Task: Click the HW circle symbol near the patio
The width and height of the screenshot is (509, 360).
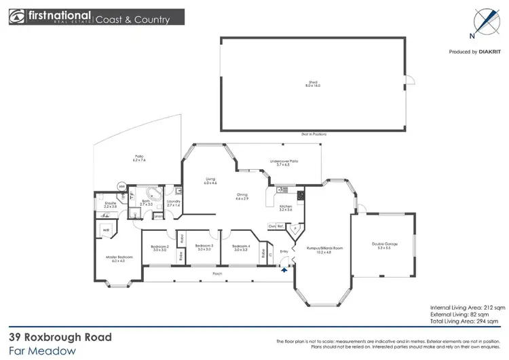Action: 122,187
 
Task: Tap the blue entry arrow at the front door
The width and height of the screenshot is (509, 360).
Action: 284,269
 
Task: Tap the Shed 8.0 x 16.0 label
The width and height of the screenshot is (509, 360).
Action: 313,84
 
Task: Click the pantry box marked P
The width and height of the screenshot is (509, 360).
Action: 294,228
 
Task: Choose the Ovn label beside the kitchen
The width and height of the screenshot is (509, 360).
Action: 271,226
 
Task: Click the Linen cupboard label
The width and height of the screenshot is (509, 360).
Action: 158,217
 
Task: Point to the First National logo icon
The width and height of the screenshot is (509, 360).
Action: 16,17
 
